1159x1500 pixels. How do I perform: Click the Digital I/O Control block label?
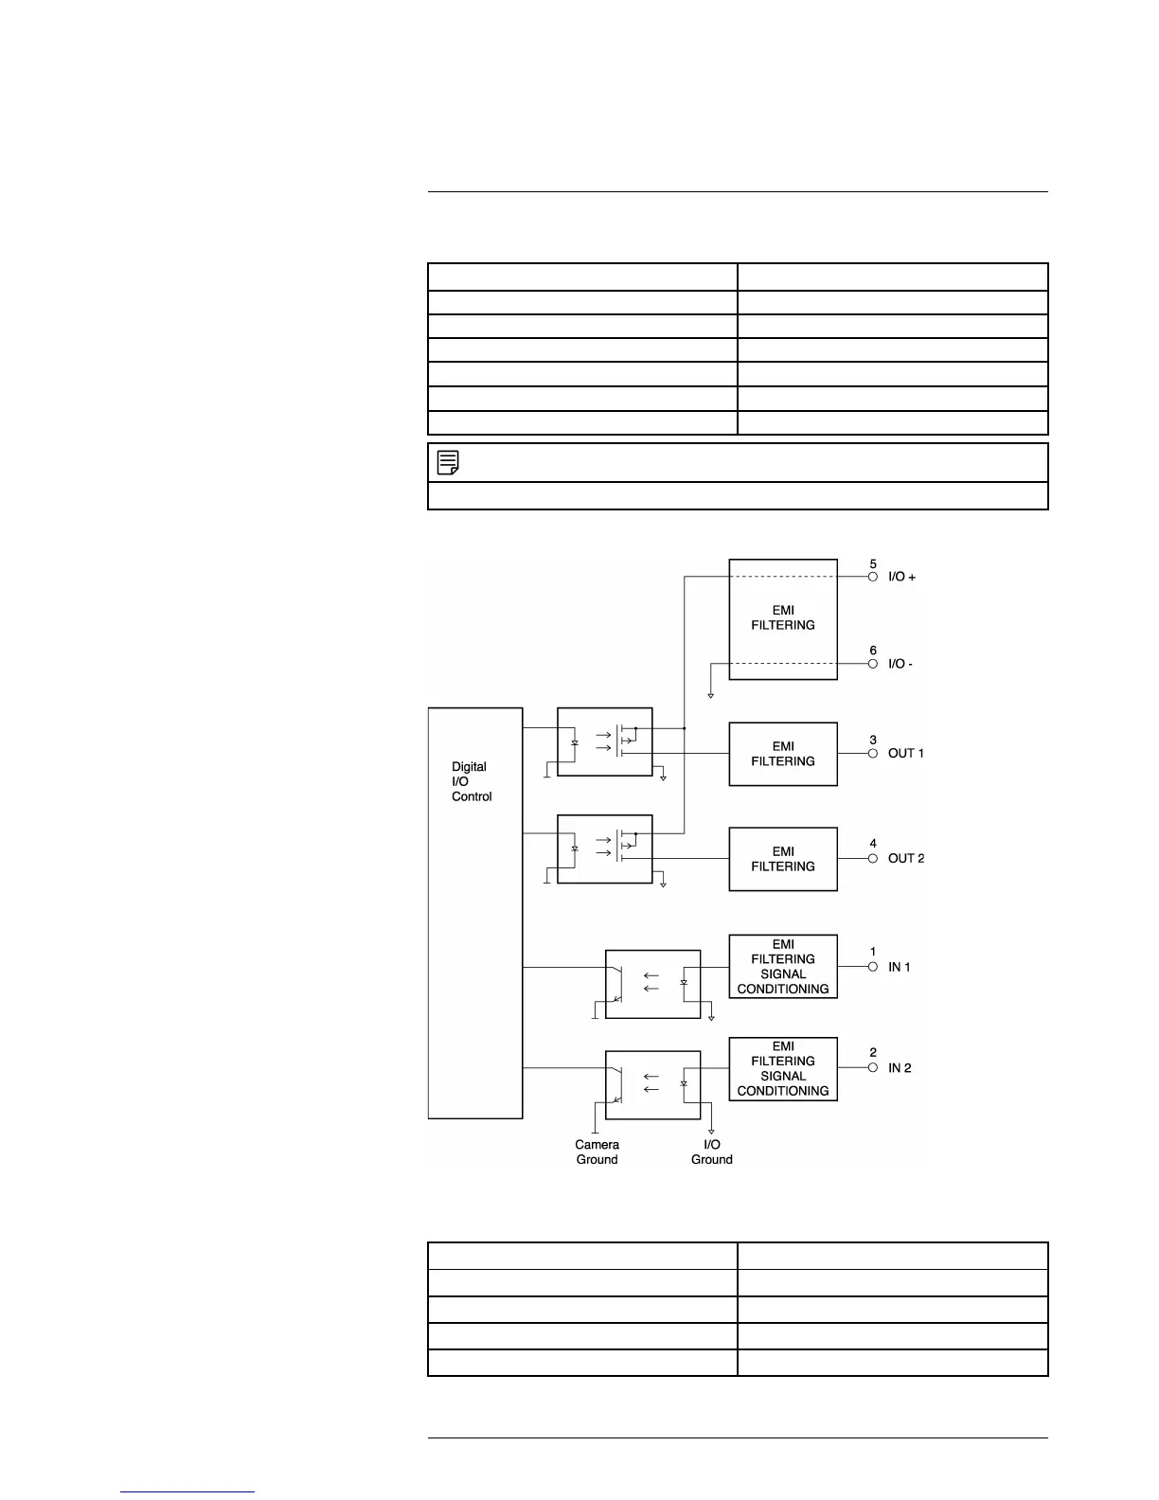(x=472, y=781)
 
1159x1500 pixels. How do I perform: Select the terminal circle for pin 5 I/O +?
(x=873, y=577)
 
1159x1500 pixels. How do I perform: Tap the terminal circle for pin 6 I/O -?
(x=873, y=664)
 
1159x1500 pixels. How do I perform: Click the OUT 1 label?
(x=905, y=754)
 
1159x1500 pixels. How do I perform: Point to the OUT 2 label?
(x=905, y=859)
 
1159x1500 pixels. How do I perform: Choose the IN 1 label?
(x=899, y=967)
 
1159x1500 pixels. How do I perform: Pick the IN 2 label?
(x=900, y=1068)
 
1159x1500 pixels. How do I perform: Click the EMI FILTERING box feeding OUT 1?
(x=783, y=754)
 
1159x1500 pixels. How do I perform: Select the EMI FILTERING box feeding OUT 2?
(x=783, y=859)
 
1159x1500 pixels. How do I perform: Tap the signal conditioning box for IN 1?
(x=783, y=967)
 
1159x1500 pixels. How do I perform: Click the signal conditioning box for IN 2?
(x=783, y=1069)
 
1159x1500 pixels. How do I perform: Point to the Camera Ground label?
(x=597, y=1152)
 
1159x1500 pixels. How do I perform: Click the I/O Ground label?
(x=711, y=1152)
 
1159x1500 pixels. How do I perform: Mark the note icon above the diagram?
(x=449, y=462)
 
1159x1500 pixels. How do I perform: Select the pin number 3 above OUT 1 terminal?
(x=873, y=740)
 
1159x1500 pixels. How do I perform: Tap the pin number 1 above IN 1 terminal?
(x=873, y=952)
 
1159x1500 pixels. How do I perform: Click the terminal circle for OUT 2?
(x=873, y=859)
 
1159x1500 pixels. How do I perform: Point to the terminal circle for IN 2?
(x=873, y=1068)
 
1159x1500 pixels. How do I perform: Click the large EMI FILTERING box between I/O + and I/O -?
(x=783, y=618)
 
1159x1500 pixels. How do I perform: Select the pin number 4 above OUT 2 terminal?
(x=873, y=844)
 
